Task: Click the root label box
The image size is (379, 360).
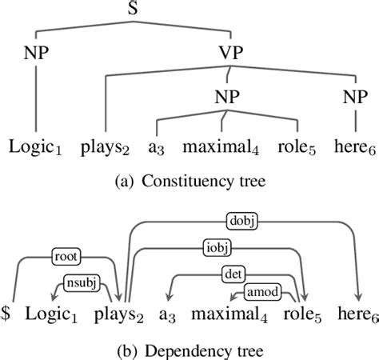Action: click(x=66, y=257)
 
